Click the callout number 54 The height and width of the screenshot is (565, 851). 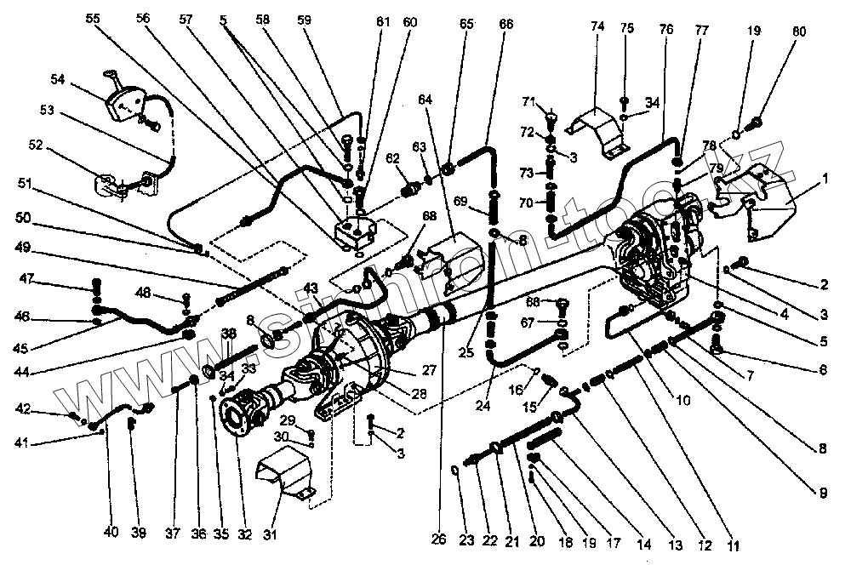[x=57, y=79]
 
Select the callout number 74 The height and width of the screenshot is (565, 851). [x=597, y=26]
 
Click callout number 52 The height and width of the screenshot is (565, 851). [x=36, y=145]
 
